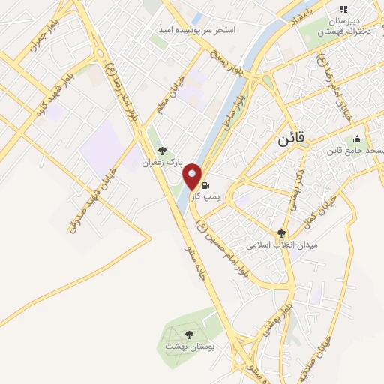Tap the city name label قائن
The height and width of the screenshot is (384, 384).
pyautogui.click(x=287, y=140)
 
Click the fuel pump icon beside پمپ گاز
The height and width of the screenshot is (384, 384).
pyautogui.click(x=205, y=184)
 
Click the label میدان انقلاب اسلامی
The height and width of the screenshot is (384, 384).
pyautogui.click(x=283, y=244)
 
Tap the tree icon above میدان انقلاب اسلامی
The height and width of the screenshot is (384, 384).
pyautogui.click(x=282, y=233)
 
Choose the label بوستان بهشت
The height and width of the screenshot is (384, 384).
pyautogui.click(x=189, y=348)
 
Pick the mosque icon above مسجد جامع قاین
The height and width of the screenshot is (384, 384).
pyautogui.click(x=357, y=139)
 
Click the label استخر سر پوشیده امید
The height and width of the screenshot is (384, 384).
pyautogui.click(x=196, y=30)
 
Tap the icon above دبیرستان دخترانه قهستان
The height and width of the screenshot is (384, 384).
pyautogui.click(x=343, y=9)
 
